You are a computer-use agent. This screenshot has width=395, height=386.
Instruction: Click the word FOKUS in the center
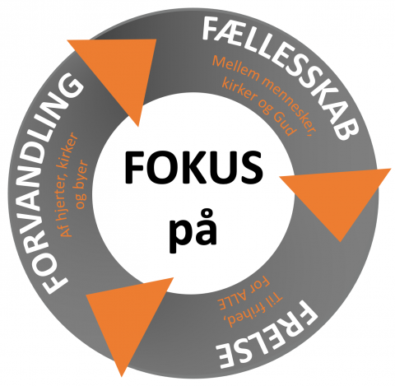pos(193,167)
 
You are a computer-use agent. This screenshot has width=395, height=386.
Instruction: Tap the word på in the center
pos(193,230)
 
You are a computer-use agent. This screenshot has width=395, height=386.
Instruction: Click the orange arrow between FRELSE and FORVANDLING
pos(126,319)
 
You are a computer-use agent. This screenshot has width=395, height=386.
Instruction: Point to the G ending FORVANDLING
pos(71,86)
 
